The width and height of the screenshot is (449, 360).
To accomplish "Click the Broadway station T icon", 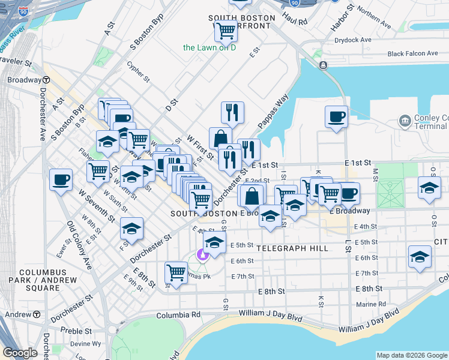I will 46,80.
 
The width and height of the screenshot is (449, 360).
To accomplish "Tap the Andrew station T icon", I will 36,314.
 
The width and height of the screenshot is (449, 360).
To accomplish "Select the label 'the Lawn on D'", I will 209,47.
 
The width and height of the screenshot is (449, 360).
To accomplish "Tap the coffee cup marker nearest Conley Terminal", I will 336,116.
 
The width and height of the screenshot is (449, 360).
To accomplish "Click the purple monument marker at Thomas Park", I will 203,254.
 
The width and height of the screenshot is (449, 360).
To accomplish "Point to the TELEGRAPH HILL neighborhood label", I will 292,248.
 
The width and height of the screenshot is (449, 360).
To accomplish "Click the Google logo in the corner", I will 21,353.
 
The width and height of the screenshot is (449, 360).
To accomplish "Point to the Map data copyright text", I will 411,355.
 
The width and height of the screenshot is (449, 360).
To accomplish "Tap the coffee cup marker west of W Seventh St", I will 61,179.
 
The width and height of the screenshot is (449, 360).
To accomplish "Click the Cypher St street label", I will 138,71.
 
